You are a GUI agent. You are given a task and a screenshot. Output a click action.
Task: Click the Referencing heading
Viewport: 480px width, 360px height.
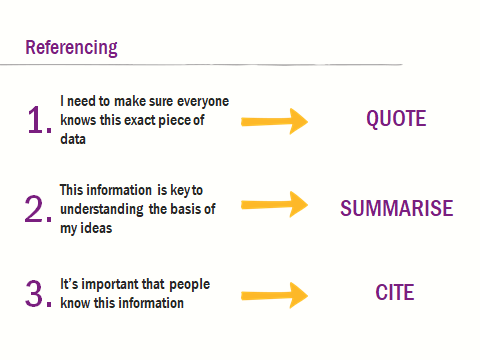tap(71, 47)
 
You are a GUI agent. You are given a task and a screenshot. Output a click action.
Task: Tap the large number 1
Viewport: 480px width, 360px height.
tap(37, 121)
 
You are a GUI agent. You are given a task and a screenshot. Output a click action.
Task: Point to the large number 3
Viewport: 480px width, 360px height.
tap(37, 295)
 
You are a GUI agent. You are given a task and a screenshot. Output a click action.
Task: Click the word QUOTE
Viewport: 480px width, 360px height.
tap(396, 120)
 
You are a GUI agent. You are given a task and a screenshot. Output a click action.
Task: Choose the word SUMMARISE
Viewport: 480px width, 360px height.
tap(396, 209)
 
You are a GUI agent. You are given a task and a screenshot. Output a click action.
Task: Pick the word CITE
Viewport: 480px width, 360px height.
tap(395, 294)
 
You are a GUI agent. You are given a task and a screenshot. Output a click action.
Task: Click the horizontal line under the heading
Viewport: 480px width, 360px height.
tap(200, 65)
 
